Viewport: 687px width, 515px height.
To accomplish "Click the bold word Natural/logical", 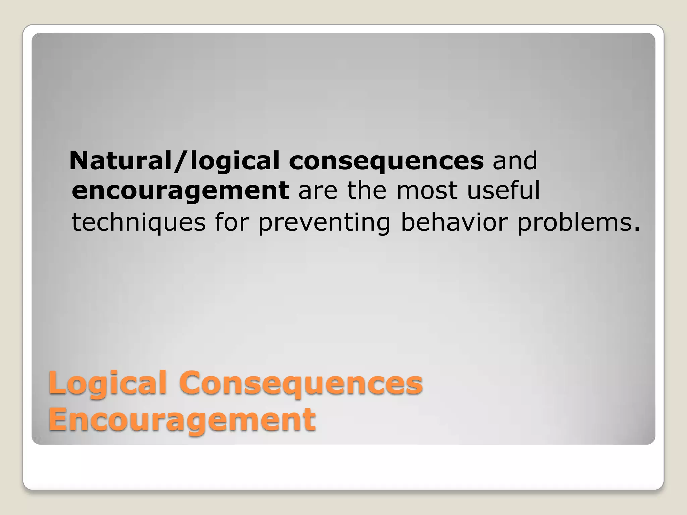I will (x=174, y=161).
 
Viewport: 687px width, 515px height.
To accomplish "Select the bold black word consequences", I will (x=386, y=161).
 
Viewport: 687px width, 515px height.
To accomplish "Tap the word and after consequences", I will (x=515, y=161).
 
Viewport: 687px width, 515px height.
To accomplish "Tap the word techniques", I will (x=139, y=223).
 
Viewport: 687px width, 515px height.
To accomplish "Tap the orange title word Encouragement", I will (x=182, y=420).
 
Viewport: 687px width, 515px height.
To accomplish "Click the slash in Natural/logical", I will (x=181, y=161).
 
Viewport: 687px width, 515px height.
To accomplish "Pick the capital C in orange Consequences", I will (x=192, y=383).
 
